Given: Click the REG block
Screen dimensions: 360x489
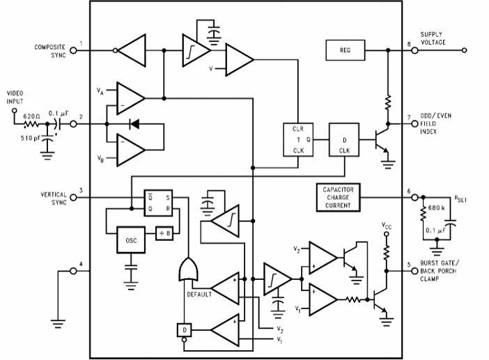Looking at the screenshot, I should coord(346,50).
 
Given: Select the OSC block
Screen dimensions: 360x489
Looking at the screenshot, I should coord(130,240).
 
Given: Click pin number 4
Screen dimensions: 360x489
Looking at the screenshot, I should coord(81,265).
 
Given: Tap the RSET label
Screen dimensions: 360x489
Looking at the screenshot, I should coord(460,199).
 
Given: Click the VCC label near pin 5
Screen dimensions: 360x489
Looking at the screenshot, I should coord(387,226).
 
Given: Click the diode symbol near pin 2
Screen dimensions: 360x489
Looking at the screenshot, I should coord(134,124).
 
